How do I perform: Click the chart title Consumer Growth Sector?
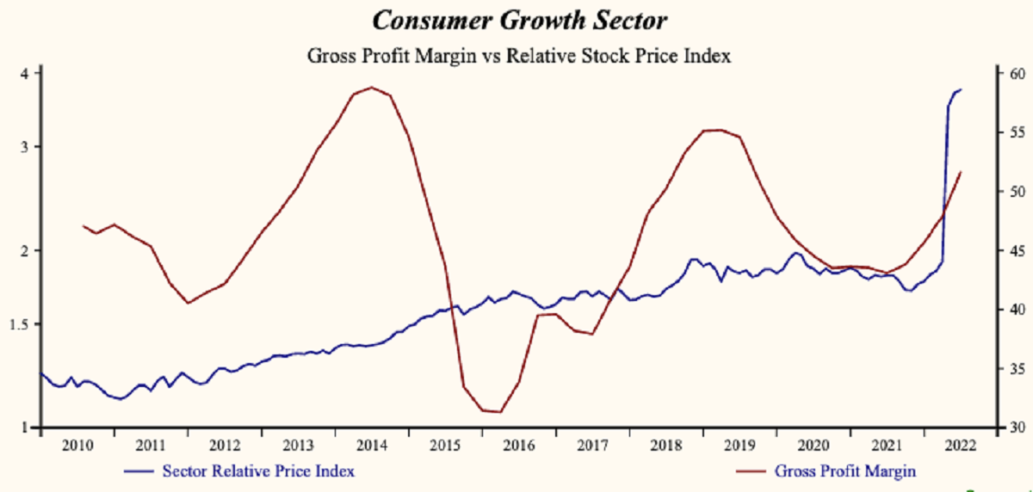coord(518,19)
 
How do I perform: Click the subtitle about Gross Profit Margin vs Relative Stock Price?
coord(518,57)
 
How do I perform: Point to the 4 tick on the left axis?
coord(25,73)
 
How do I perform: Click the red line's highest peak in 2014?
coord(371,87)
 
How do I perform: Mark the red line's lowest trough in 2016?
coord(500,412)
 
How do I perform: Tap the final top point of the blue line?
coord(961,89)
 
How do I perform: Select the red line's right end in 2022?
coord(961,172)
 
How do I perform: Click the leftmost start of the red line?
coord(84,225)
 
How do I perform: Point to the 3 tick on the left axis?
coord(25,146)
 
